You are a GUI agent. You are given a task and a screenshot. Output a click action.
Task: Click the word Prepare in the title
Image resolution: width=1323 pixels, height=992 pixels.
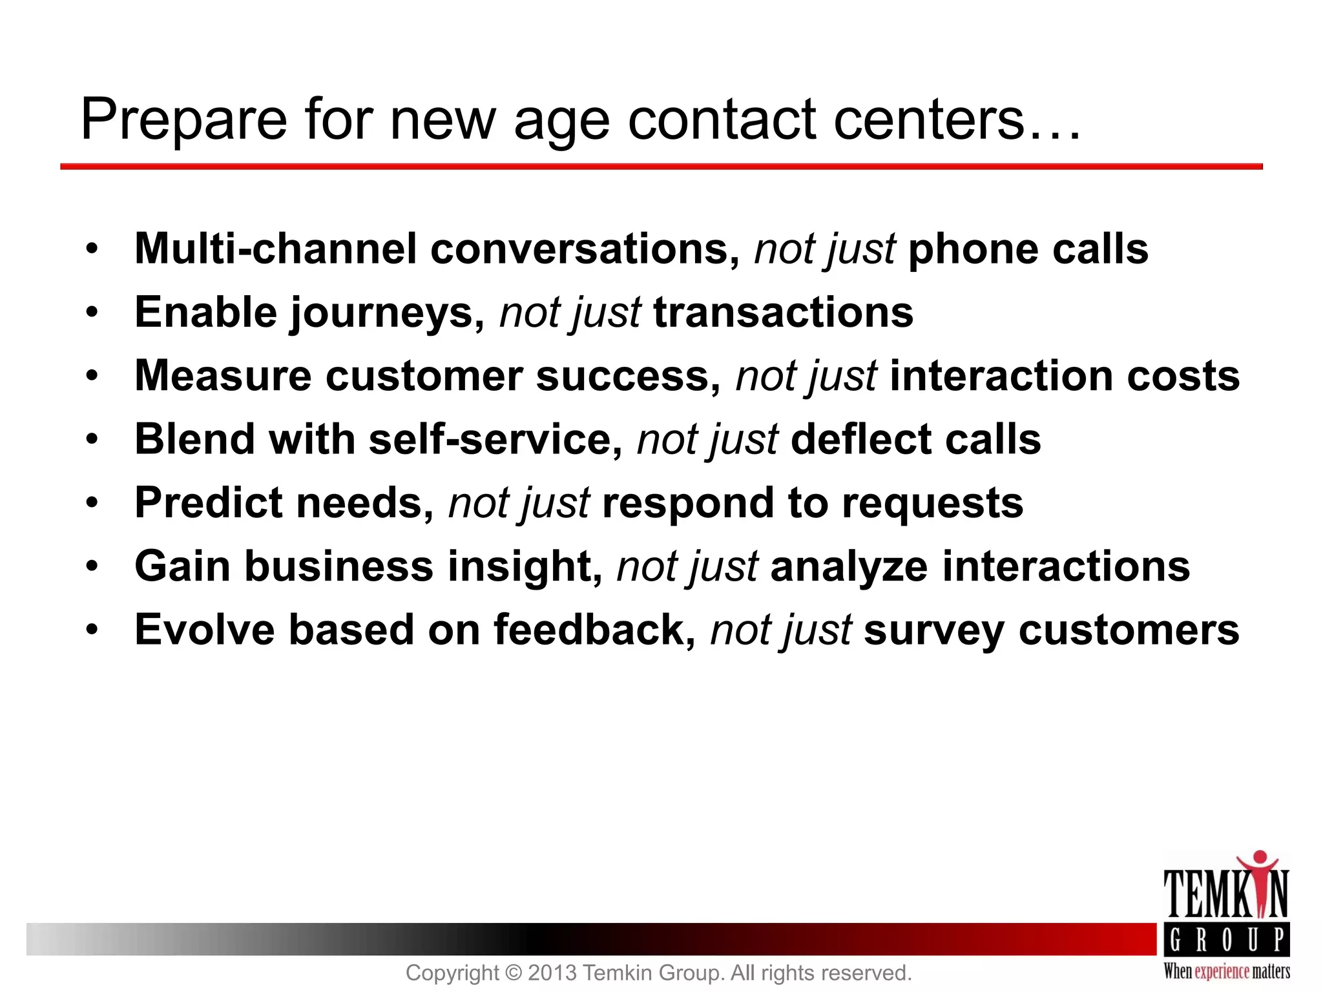coord(183,121)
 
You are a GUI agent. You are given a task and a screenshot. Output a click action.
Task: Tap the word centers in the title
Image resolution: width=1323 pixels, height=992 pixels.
coord(928,120)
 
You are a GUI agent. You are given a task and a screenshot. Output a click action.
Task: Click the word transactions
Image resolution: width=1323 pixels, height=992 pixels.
coord(783,313)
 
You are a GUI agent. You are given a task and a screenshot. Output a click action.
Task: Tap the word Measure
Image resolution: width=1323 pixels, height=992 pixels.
coord(223,376)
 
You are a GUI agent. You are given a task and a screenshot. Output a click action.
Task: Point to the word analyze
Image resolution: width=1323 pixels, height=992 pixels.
coord(849,566)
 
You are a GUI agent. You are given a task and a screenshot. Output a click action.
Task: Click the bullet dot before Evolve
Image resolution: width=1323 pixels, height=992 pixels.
coord(92,629)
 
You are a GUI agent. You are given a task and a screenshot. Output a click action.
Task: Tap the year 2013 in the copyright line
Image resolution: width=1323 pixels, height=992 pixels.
coord(552,973)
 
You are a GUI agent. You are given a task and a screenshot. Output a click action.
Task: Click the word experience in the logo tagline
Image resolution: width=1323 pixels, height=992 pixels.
coord(1222,971)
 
